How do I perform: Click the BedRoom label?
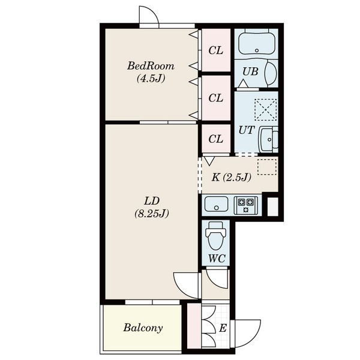coord(151,66)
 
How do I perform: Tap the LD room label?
coord(152,201)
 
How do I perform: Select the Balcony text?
coord(143,328)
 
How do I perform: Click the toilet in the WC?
coord(216,236)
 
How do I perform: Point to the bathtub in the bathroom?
coord(257,44)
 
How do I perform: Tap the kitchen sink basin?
coord(216,204)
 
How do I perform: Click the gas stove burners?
coord(245,205)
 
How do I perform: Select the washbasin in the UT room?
coord(268,139)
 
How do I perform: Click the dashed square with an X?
coord(266,110)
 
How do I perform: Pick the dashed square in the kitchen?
coord(267,167)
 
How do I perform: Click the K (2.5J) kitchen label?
coord(231,178)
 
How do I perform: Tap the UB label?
coord(250,71)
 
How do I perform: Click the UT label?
coord(247,130)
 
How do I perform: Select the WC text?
coord(217,259)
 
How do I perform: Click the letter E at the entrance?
coord(223,328)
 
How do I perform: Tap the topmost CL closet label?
coord(216,50)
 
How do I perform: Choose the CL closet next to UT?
coord(216,139)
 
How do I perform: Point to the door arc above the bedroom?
coord(152,11)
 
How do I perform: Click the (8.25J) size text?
coord(152,214)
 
